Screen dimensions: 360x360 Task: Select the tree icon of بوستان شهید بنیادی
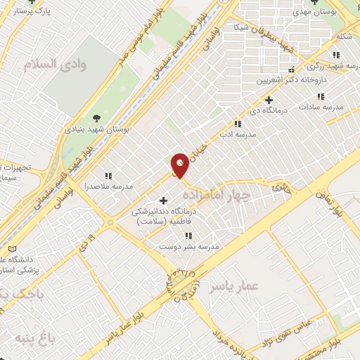click(x=96, y=117)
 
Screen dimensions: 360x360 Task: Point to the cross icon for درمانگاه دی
click(x=268, y=99)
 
